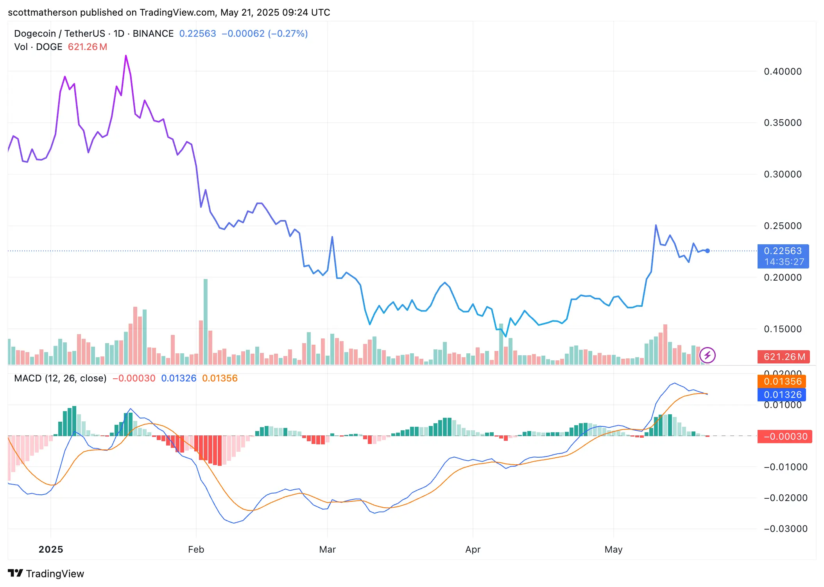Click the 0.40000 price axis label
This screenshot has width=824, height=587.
tap(783, 72)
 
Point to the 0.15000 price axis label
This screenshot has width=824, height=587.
tap(783, 329)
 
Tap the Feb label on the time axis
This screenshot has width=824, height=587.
tap(196, 549)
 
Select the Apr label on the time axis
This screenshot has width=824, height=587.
tap(473, 549)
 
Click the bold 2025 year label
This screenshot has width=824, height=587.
tap(51, 549)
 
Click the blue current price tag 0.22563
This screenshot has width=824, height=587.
tap(783, 251)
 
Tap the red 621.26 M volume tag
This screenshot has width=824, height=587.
tap(783, 357)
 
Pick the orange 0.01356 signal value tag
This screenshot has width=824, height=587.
tap(782, 381)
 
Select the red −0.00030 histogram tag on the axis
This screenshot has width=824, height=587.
tap(785, 437)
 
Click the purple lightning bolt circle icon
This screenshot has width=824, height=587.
tap(707, 356)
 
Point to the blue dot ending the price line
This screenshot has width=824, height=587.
tap(707, 251)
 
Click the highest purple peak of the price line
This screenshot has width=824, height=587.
tap(126, 56)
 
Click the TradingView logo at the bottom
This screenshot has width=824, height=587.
tap(46, 573)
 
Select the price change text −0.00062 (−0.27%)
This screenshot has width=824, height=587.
tap(265, 34)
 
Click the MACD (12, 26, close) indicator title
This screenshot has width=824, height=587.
tap(60, 378)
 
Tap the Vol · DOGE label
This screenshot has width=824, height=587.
tap(38, 47)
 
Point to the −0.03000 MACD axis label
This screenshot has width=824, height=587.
tap(785, 529)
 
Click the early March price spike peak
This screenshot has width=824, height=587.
tap(332, 237)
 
